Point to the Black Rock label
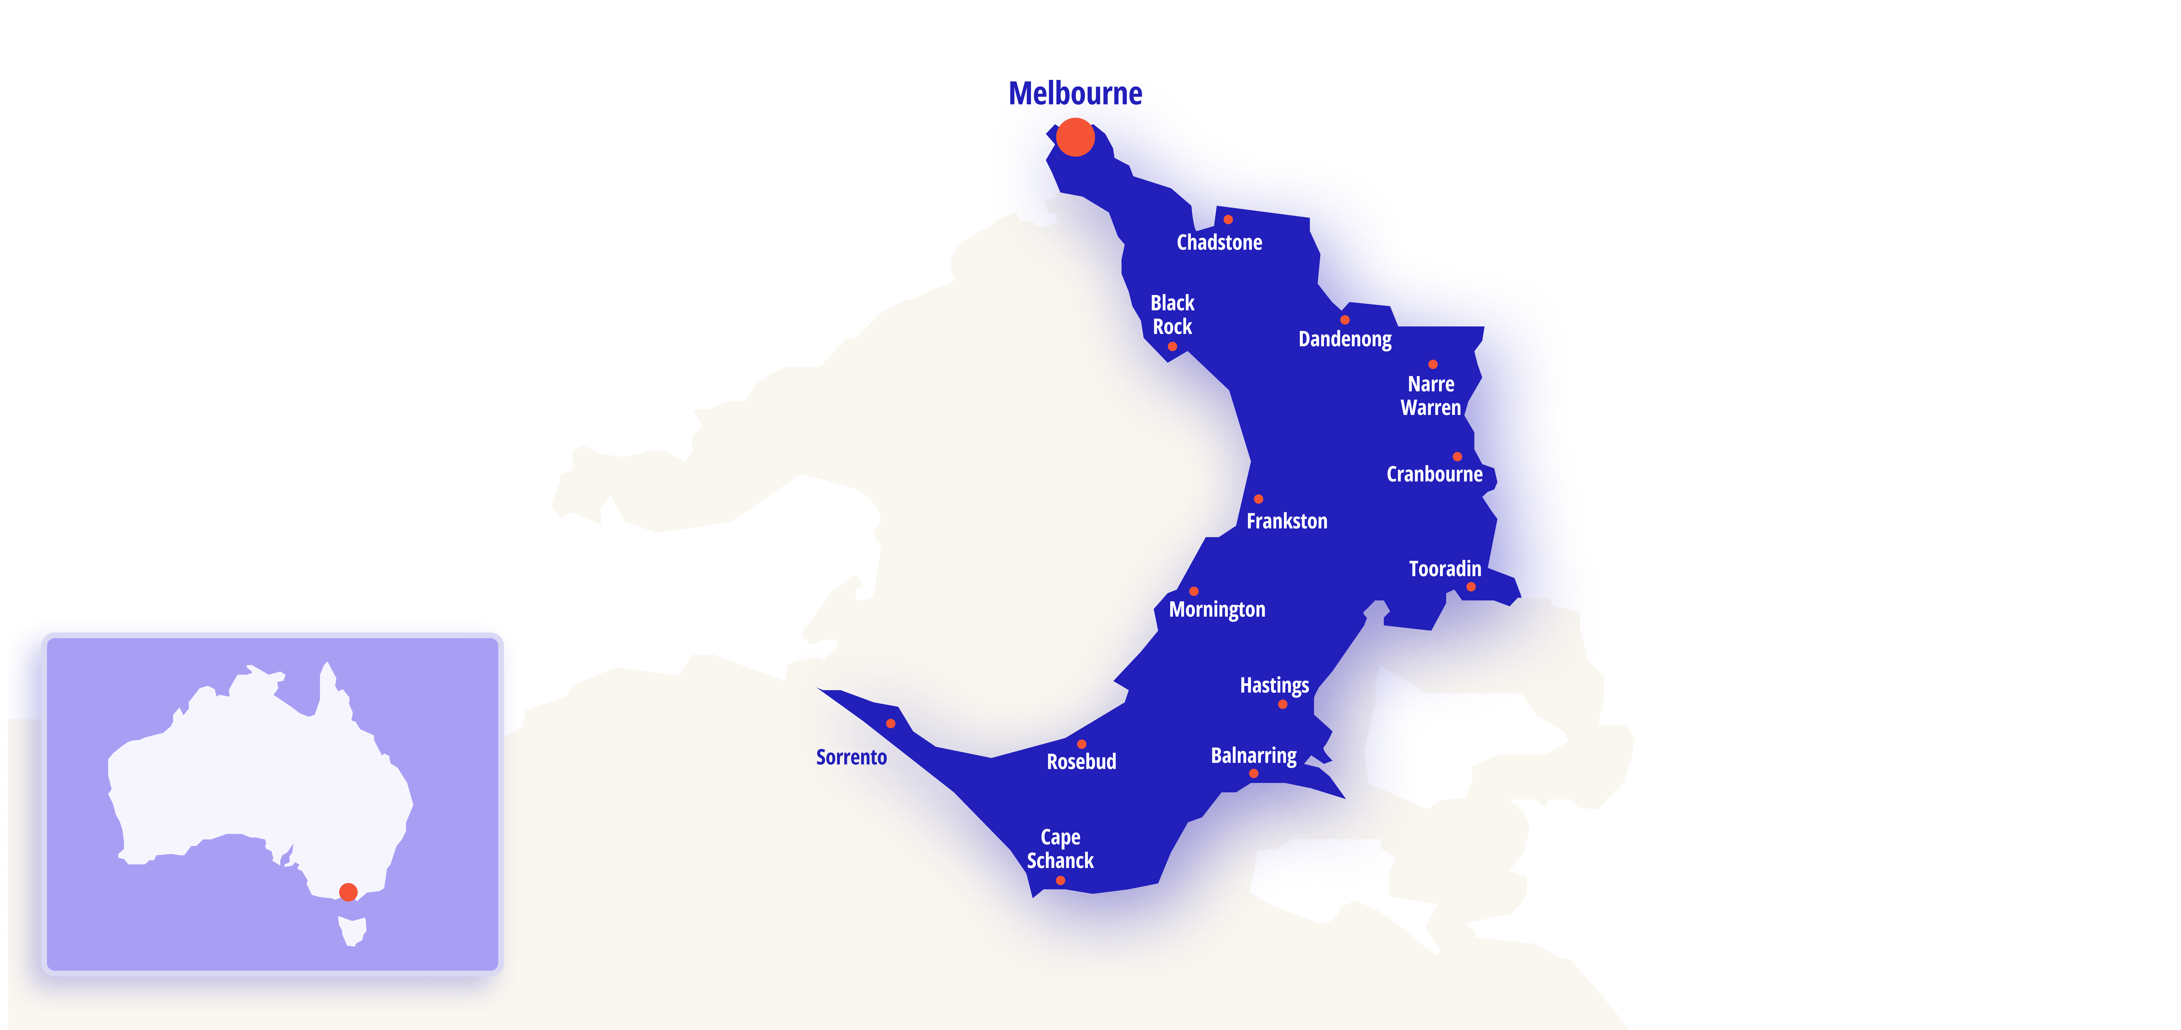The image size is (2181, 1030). [1172, 315]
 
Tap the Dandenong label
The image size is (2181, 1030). [1345, 339]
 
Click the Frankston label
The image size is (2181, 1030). [1286, 521]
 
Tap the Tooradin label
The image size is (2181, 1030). [1444, 569]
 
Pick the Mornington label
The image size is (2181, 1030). [1217, 609]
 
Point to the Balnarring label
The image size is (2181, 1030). [1253, 756]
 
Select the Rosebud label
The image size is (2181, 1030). [1081, 762]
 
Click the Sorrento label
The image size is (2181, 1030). [851, 757]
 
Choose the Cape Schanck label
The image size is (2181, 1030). [1060, 849]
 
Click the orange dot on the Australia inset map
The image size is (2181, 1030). [348, 892]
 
